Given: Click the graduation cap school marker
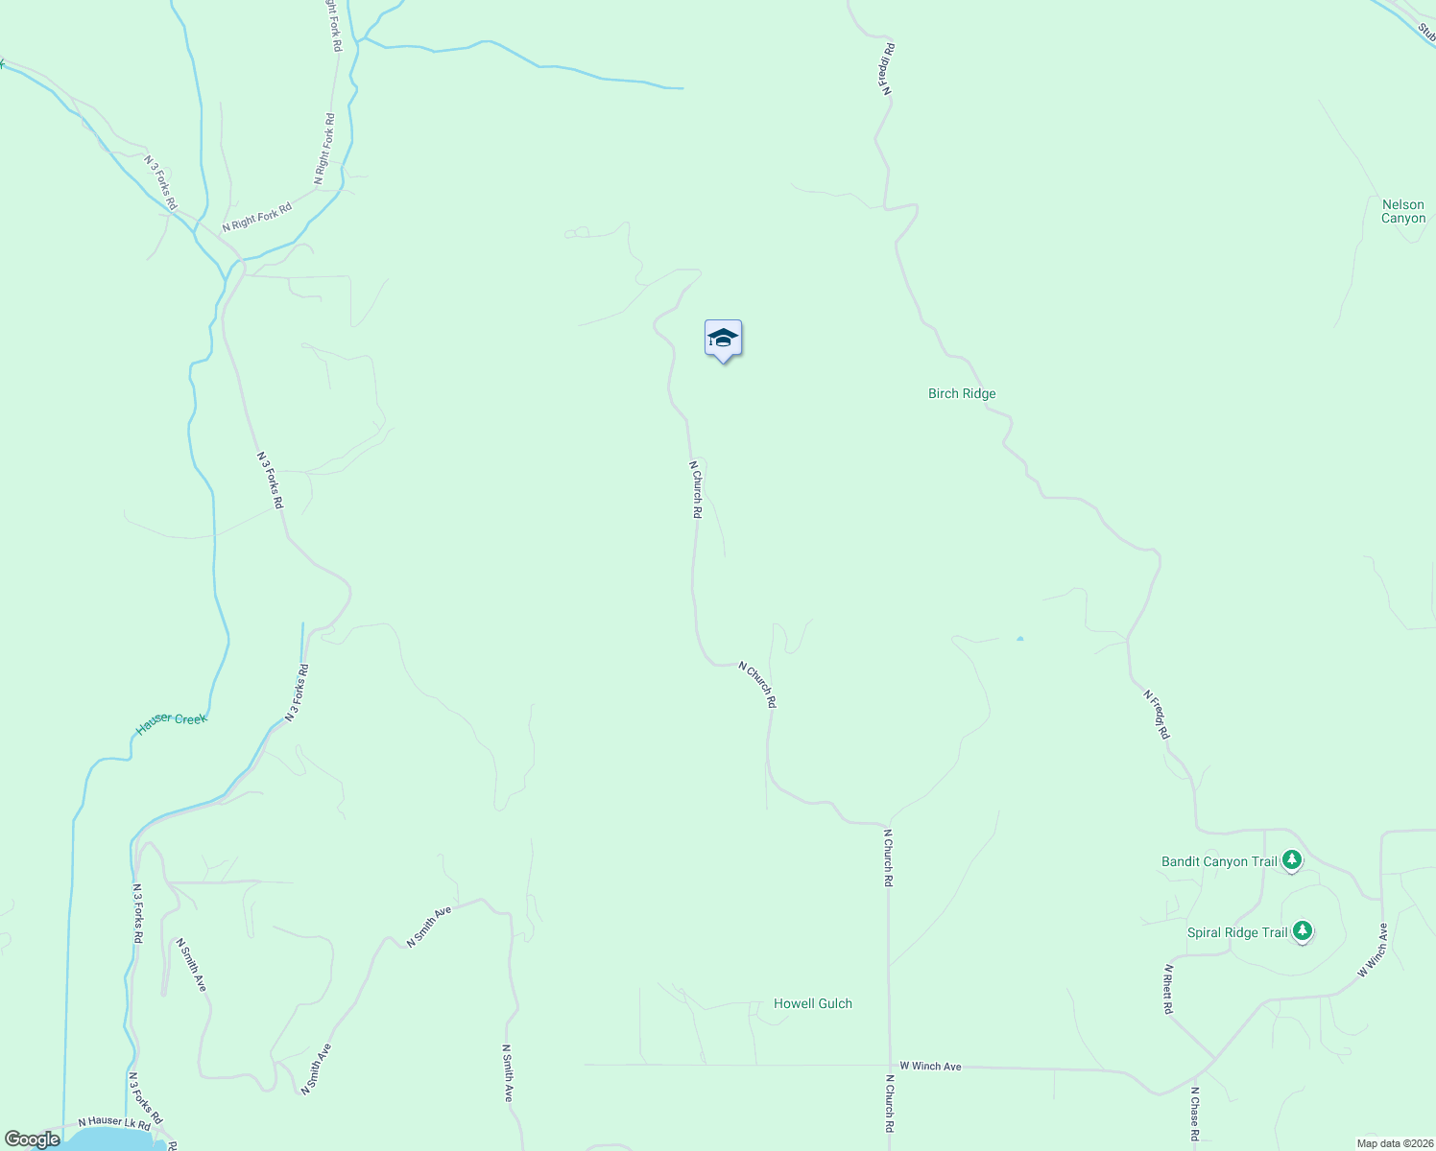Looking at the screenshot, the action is click(x=723, y=340).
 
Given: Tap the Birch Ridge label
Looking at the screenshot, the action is click(x=962, y=393).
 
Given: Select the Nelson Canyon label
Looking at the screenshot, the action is click(x=1402, y=211).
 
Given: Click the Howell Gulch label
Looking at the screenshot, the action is click(x=812, y=1003).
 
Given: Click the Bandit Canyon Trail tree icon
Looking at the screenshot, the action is click(x=1292, y=860).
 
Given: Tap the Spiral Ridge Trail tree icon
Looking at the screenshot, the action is click(x=1302, y=931).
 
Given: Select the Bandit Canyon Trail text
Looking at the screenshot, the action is click(x=1218, y=861).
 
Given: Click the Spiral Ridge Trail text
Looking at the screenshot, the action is click(x=1236, y=932).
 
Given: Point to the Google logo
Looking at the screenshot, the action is click(x=32, y=1139).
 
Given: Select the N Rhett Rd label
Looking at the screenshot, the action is click(x=1167, y=989).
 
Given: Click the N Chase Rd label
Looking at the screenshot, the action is click(x=1194, y=1114).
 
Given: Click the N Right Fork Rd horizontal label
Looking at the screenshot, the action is click(x=256, y=218).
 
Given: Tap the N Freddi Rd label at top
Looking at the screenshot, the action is click(x=887, y=68).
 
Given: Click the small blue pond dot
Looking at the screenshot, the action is click(x=1019, y=638).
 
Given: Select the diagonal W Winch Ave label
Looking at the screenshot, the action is click(x=1373, y=951).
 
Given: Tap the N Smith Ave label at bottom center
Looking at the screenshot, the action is click(x=507, y=1072).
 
